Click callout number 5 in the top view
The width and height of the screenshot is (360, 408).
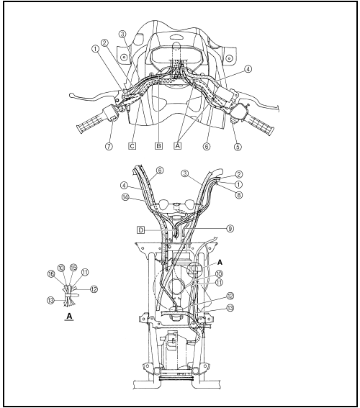[238, 147]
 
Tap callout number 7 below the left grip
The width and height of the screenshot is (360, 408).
[109, 146]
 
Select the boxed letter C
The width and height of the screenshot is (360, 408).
[132, 146]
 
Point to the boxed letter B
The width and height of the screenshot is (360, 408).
[158, 146]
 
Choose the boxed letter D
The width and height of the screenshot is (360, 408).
[140, 230]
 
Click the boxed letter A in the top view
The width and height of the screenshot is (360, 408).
[178, 146]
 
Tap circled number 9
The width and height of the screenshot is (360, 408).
[230, 228]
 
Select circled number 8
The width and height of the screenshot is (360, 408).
[238, 194]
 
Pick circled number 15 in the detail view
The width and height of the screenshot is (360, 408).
[73, 268]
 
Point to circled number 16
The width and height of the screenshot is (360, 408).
[51, 273]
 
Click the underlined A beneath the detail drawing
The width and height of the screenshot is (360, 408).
[69, 317]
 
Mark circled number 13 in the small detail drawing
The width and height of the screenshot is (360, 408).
[51, 301]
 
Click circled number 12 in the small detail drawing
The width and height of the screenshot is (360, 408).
[94, 289]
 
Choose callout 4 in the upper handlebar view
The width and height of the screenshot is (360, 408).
[248, 69]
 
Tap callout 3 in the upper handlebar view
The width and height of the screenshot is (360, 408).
[122, 34]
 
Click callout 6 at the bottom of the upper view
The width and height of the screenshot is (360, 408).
[207, 147]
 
